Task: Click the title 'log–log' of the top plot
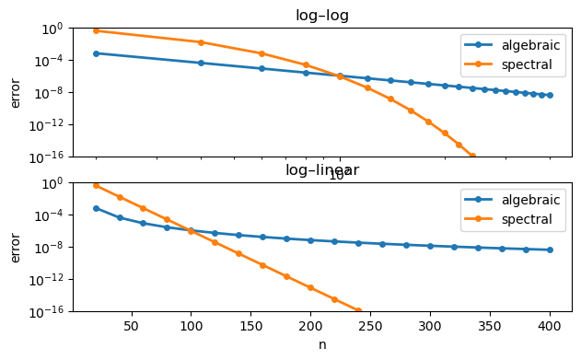[x=321, y=15]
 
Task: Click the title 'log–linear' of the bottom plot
[x=321, y=169]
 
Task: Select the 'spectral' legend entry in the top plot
[x=522, y=64]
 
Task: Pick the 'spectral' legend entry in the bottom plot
[x=522, y=219]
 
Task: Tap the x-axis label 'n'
[x=321, y=344]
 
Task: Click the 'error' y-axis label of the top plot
[x=15, y=92]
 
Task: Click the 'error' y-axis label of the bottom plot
[x=15, y=247]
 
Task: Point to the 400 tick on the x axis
[x=550, y=326]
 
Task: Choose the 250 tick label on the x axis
[x=370, y=326]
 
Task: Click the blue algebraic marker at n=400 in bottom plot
[x=550, y=250]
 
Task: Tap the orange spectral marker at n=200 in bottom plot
[x=310, y=288]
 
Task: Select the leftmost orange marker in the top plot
[x=96, y=30]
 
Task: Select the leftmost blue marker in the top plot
[x=96, y=53]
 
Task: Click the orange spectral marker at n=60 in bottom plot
[x=143, y=208]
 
